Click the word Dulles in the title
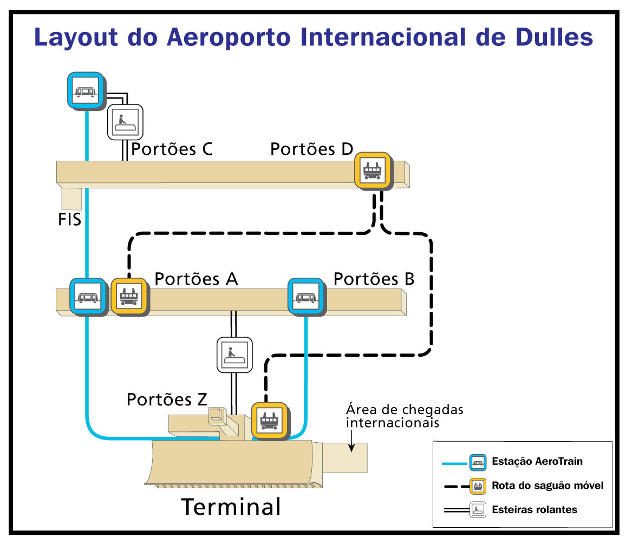[554, 37]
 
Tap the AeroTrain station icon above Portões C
[86, 91]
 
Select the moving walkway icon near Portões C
[125, 122]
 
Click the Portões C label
[172, 149]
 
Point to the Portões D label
[312, 149]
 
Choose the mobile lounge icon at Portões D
[373, 171]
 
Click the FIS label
[69, 220]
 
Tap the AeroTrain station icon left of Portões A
[88, 297]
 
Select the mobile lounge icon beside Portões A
[129, 297]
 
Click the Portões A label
[197, 279]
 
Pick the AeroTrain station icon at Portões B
[306, 297]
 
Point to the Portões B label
[374, 279]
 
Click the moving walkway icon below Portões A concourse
[235, 355]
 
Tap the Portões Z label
[167, 399]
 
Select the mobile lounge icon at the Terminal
[270, 421]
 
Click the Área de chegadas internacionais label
[405, 416]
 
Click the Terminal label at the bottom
[231, 507]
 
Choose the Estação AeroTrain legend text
[537, 461]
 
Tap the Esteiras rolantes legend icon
[478, 510]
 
